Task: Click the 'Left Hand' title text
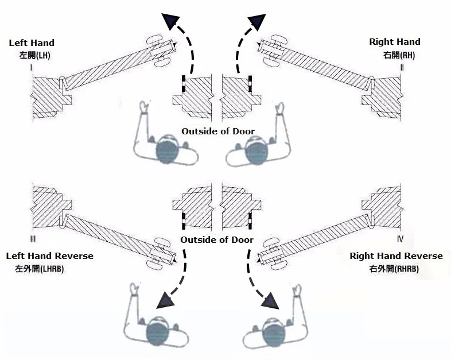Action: point(32,43)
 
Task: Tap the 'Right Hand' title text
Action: point(395,42)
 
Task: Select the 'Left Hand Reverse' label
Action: point(50,256)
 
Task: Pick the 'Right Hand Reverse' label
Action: point(396,256)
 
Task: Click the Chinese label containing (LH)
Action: point(35,55)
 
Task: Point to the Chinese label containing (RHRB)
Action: point(394,269)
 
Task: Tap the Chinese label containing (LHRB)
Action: point(40,269)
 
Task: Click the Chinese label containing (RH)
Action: point(399,55)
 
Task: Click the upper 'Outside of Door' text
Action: point(218,131)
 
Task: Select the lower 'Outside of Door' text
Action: point(217,239)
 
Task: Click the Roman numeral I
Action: point(31,68)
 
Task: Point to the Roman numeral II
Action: point(402,68)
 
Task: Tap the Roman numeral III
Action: point(33,239)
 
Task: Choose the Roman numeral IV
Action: point(400,239)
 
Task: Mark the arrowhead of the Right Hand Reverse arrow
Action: point(270,301)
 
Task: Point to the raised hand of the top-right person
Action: point(280,108)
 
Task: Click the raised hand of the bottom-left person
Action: point(134,289)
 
